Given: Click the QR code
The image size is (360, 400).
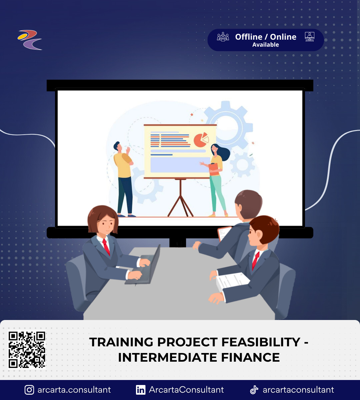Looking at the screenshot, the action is coord(27,350).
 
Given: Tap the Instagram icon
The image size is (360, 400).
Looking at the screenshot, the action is coord(29,390).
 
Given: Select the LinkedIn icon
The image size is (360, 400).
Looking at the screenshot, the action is coord(141,390).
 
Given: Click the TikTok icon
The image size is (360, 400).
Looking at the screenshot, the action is coord(254,390).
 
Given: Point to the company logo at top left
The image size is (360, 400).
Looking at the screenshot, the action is coord(30,40).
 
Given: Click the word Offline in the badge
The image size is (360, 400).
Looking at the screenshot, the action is coord(249,37).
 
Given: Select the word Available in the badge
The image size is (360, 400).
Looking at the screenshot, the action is coord(265,45).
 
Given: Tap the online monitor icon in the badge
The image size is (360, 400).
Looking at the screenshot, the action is coord(310,37).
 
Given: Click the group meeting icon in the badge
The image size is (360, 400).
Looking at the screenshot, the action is coord(223,37).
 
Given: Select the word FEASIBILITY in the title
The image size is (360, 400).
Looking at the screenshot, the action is coord(261,342).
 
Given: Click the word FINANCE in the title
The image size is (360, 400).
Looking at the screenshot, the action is coord(250,358).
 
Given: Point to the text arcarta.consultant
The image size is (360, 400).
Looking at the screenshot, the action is coord(74,390).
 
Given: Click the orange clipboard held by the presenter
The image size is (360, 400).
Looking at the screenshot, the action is coord(214,169).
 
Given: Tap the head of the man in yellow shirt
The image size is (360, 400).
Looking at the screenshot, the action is coord(118,146).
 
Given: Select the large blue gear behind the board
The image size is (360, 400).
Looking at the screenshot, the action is coord(229,125).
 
